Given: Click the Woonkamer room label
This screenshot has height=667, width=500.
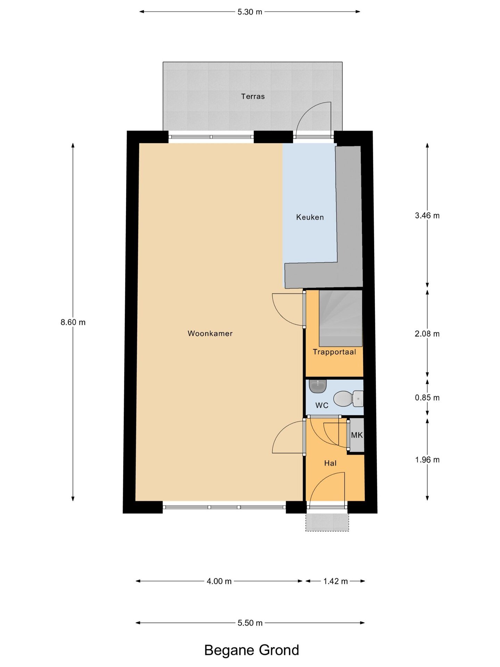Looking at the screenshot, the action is pyautogui.click(x=210, y=333).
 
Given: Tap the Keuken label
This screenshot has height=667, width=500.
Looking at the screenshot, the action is pyautogui.click(x=310, y=217).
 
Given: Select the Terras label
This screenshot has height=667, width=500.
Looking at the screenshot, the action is pyautogui.click(x=253, y=96).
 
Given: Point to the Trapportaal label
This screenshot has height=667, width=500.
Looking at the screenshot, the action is pyautogui.click(x=334, y=352).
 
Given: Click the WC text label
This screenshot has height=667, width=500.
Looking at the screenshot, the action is pyautogui.click(x=322, y=405).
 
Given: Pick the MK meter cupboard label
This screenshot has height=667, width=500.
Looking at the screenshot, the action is pyautogui.click(x=357, y=435).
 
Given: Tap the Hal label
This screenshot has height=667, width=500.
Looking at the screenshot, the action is pyautogui.click(x=330, y=463).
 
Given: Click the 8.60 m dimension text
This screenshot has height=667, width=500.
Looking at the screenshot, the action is pyautogui.click(x=73, y=322).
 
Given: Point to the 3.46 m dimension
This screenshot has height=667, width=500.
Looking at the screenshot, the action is pyautogui.click(x=427, y=216).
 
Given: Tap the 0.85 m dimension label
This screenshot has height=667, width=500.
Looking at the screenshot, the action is pyautogui.click(x=427, y=398).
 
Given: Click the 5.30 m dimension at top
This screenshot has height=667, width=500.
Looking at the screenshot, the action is pyautogui.click(x=250, y=12).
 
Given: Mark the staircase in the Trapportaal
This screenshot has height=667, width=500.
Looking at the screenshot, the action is pyautogui.click(x=341, y=318).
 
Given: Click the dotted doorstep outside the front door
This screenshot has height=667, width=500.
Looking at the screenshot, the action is pyautogui.click(x=327, y=522).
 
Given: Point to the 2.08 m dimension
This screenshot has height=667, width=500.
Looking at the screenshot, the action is pyautogui.click(x=427, y=334).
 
